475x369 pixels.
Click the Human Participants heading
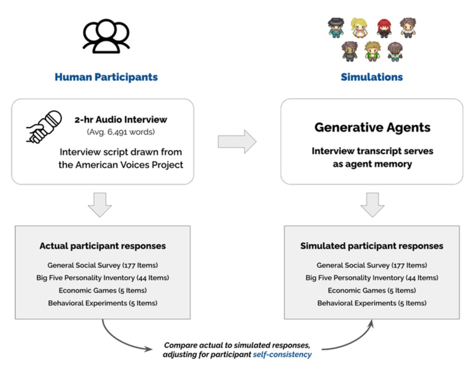pos(106,77)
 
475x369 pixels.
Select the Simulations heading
pos(372,77)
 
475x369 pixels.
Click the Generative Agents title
pos(372,127)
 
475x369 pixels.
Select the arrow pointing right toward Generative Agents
pos(237,142)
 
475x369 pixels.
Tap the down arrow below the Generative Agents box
pos(372,205)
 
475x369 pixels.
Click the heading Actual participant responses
pos(103,246)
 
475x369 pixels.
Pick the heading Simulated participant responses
pos(372,246)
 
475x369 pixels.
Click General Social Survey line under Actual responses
pos(103,265)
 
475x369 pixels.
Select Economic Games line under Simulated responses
pos(372,290)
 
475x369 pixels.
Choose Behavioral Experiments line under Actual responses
pos(103,303)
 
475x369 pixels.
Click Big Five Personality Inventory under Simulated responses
pos(372,278)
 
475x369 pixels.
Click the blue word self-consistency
pos(282,355)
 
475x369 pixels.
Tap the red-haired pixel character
pos(383,28)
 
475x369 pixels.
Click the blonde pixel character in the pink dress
pos(359,28)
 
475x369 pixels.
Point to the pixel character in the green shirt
pos(372,51)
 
